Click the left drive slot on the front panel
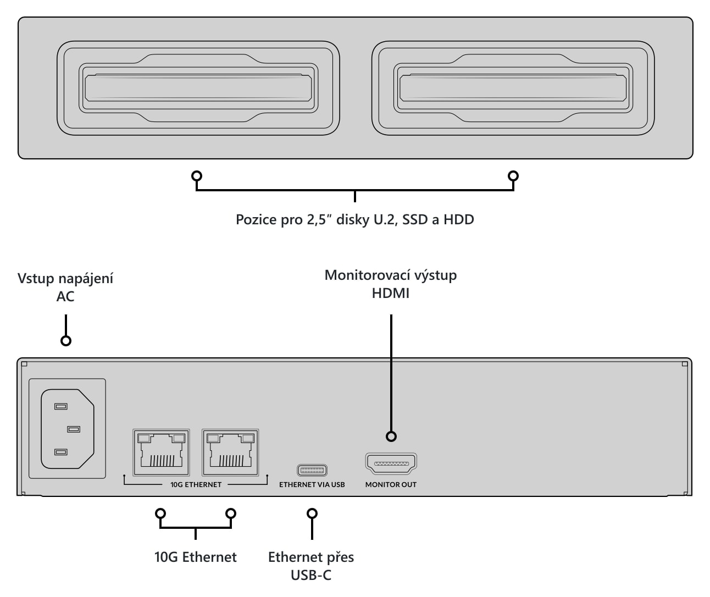[198, 88]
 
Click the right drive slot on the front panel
[513, 88]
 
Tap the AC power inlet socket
[68, 429]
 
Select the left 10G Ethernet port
[161, 452]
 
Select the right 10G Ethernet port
[230, 452]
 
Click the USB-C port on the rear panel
[312, 470]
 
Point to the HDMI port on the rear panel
[391, 463]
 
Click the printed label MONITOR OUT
[391, 485]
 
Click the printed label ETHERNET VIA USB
[312, 485]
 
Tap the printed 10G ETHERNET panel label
[196, 485]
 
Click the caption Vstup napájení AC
[65, 288]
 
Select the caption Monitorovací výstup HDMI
[391, 284]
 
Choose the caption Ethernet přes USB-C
[311, 566]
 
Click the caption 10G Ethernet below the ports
[196, 557]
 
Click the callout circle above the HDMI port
[391, 436]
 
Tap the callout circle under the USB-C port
[312, 513]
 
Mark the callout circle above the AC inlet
[66, 340]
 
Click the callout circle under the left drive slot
[197, 176]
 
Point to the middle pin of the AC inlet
[74, 429]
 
